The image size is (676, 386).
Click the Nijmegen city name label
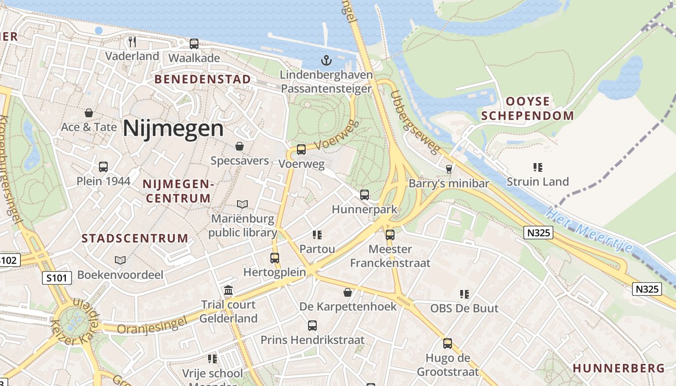click(173, 129)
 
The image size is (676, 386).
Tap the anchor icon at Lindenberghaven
click(327, 60)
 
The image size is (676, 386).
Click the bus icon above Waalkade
click(194, 44)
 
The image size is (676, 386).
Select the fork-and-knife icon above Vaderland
click(132, 41)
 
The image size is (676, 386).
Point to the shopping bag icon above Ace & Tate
click(89, 113)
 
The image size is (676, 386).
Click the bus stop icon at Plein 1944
click(103, 167)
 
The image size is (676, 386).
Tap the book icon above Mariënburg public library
click(242, 205)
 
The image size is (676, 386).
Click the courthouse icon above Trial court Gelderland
click(228, 290)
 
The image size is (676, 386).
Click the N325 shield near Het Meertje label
click(538, 233)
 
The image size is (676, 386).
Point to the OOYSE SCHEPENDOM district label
click(527, 109)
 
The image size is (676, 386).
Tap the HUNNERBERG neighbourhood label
click(619, 368)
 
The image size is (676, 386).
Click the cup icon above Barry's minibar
click(449, 169)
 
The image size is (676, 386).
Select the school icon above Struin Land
click(538, 167)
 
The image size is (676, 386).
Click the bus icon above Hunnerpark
click(365, 195)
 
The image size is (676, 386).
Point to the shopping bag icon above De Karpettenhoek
click(348, 292)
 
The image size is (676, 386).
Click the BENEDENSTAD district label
click(202, 79)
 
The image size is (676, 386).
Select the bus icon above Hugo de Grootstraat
click(448, 344)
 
